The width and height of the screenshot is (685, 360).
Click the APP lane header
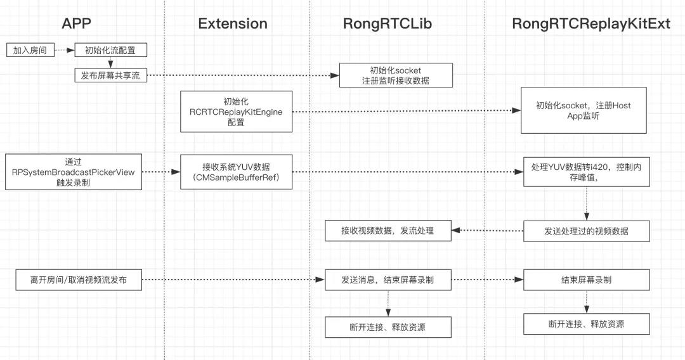point(76,23)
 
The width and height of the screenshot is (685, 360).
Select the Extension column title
point(233,23)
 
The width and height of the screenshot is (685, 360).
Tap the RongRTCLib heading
point(387,23)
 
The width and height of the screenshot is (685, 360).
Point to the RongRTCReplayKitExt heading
point(590,23)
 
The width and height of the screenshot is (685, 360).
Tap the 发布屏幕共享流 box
point(111,75)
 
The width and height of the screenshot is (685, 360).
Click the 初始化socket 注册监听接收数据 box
point(396,75)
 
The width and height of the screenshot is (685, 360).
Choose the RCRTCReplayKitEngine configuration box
point(236,112)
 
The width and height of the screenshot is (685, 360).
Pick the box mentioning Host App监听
point(583,110)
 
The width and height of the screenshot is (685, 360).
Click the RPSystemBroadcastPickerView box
point(74,172)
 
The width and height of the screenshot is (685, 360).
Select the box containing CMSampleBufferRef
point(236,172)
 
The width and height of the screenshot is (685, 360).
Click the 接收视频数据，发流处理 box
point(388,231)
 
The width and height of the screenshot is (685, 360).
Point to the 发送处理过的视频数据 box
point(586,231)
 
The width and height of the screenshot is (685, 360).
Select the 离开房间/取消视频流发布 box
point(78,280)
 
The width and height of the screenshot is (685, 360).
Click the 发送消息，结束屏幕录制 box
point(388,280)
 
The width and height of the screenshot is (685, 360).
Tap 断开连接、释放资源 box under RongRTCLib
point(388,328)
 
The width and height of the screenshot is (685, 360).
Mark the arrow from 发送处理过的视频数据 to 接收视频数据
point(487,231)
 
